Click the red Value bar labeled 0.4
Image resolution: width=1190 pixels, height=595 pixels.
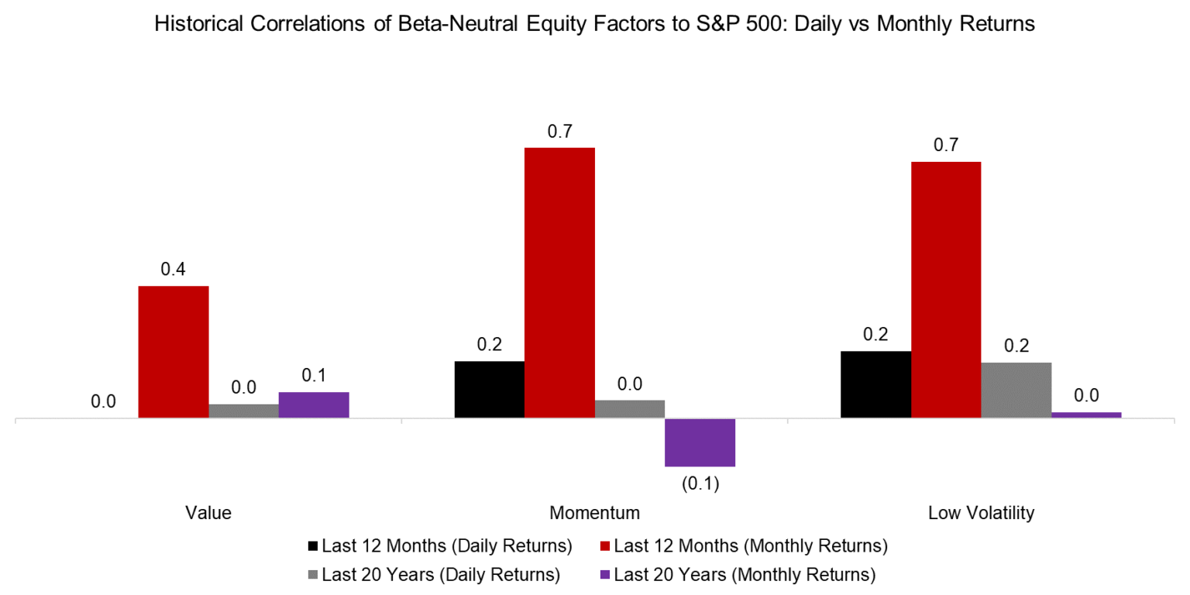pos(174,353)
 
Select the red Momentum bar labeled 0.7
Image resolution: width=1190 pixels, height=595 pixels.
pos(559,283)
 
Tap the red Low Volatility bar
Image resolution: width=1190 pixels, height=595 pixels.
pos(945,290)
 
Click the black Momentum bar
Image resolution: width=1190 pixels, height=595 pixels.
pos(490,390)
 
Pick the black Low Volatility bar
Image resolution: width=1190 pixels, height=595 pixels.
pos(875,384)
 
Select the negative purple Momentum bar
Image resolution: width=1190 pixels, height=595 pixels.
pos(700,442)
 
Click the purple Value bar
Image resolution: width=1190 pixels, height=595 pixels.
pos(314,405)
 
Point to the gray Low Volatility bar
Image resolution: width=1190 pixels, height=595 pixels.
pos(1016,390)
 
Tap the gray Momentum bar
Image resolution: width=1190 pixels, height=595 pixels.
pos(630,409)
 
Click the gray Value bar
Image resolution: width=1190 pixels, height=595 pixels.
pos(243,411)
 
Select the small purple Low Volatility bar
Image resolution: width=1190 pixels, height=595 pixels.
pos(1085,415)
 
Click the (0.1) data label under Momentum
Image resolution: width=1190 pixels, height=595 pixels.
pos(700,485)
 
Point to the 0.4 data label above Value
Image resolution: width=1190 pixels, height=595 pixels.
pos(174,270)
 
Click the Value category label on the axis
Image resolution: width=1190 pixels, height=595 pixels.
pos(208,513)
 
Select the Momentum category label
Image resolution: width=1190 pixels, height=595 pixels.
pos(594,513)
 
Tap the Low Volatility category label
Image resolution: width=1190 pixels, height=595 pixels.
pos(980,513)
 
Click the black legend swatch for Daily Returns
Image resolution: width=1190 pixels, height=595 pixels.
pos(312,546)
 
